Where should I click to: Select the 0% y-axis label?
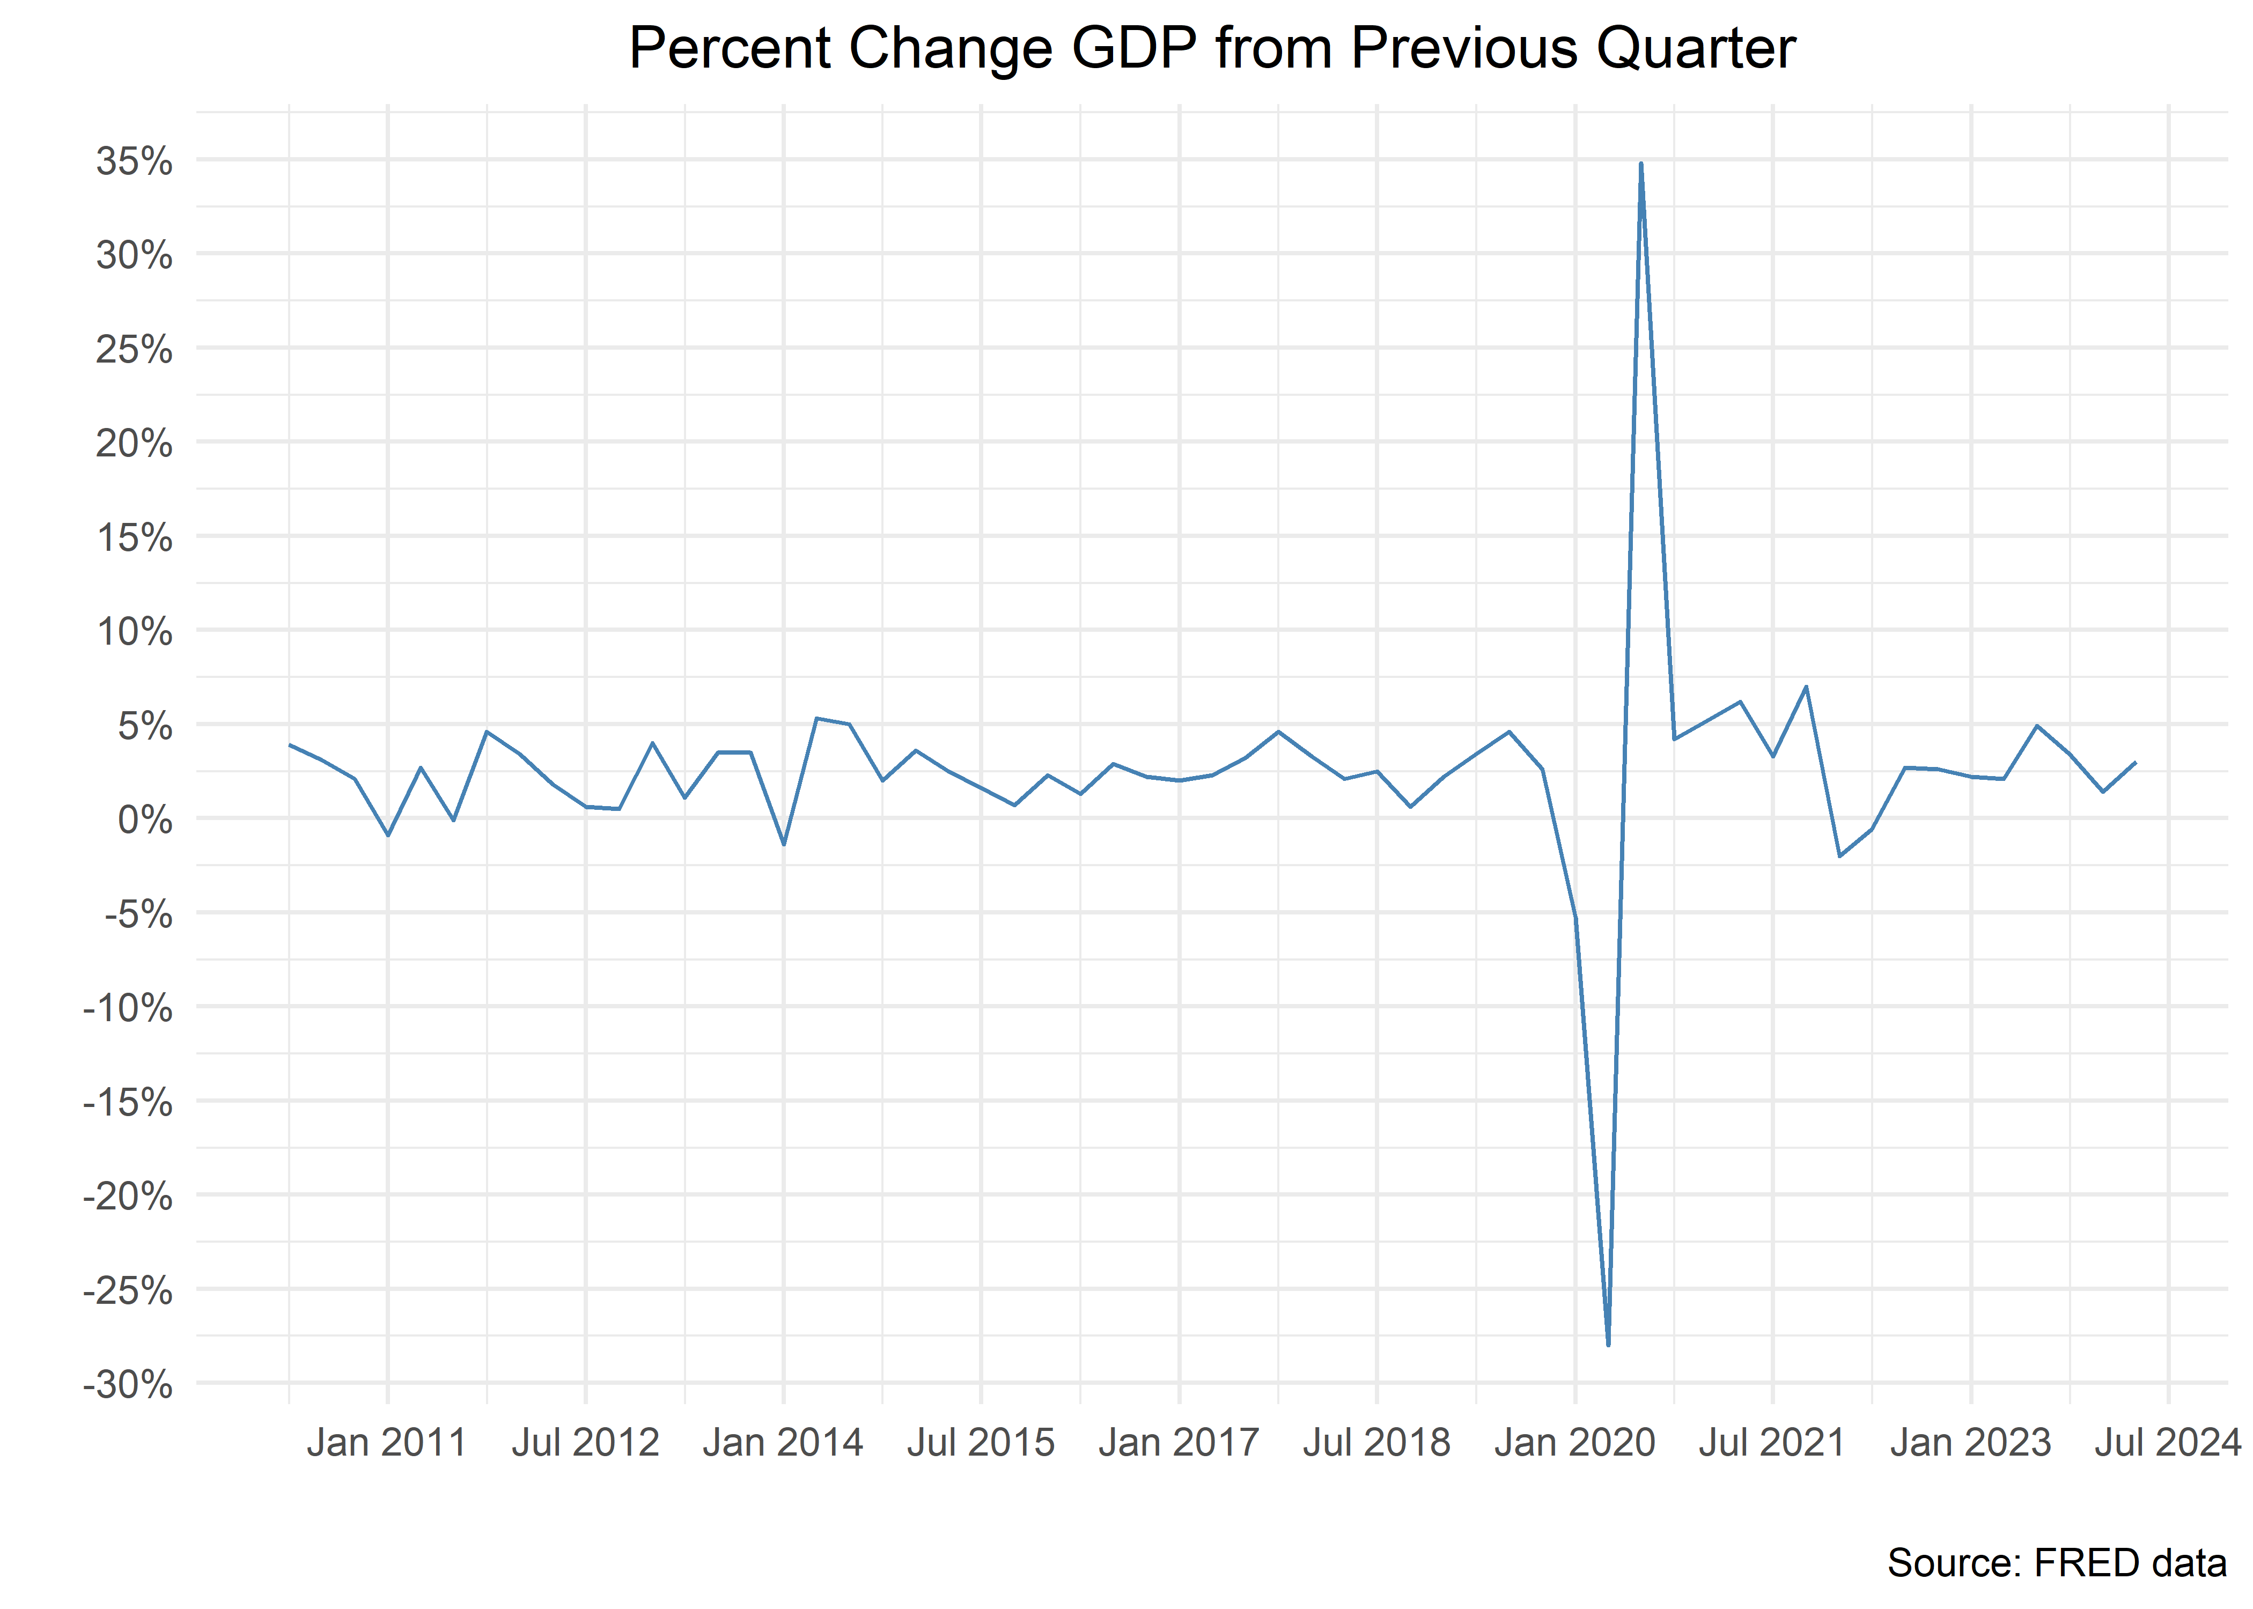[145, 821]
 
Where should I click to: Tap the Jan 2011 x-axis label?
[386, 1443]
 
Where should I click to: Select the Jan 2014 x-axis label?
[783, 1443]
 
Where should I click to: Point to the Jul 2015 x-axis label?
[981, 1443]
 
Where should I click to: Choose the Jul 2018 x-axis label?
[1376, 1443]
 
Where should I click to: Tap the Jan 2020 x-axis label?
[1574, 1443]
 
